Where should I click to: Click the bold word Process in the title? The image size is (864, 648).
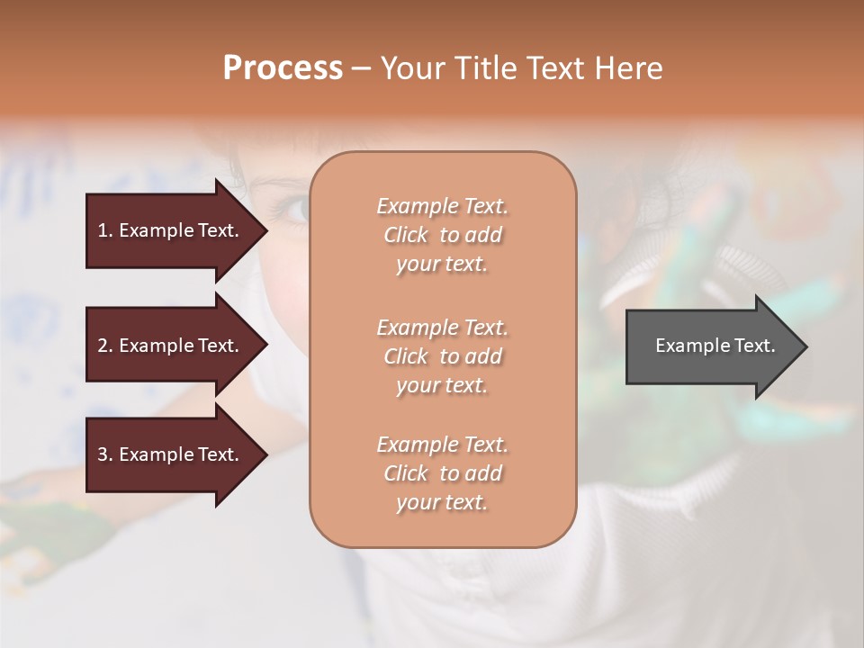click(x=283, y=68)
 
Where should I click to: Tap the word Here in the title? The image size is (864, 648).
click(x=627, y=68)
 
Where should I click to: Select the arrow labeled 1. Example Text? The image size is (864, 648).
click(x=171, y=230)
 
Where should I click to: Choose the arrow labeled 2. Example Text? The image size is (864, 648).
click(x=171, y=346)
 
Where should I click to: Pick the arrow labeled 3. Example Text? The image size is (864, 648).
click(x=171, y=454)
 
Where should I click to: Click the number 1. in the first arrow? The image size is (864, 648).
click(x=105, y=230)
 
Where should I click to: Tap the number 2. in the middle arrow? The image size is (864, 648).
click(x=105, y=346)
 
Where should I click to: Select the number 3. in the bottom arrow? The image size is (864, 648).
click(x=105, y=454)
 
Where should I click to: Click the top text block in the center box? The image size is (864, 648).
click(x=442, y=235)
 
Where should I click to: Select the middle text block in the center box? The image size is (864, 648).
click(x=442, y=356)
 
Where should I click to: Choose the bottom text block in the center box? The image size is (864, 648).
click(x=442, y=473)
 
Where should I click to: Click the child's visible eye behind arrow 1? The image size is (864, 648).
click(x=294, y=210)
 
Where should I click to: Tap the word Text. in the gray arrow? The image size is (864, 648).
click(x=751, y=346)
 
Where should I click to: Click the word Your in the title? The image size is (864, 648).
click(x=410, y=68)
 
